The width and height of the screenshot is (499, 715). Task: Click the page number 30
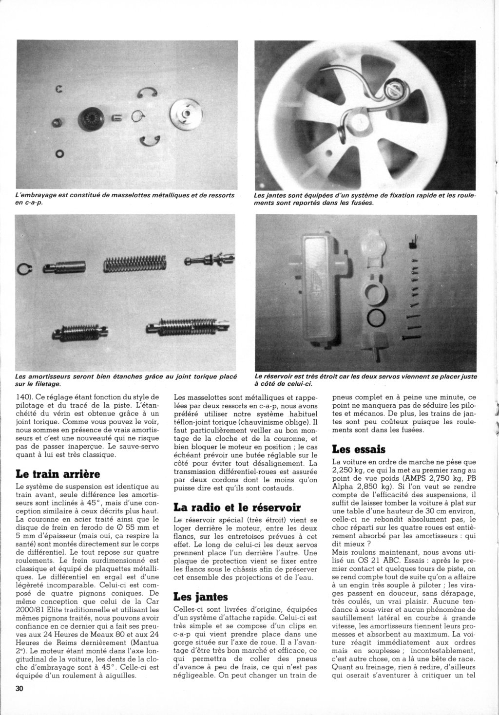(19, 688)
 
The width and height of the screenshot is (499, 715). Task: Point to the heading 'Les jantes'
(200, 596)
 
